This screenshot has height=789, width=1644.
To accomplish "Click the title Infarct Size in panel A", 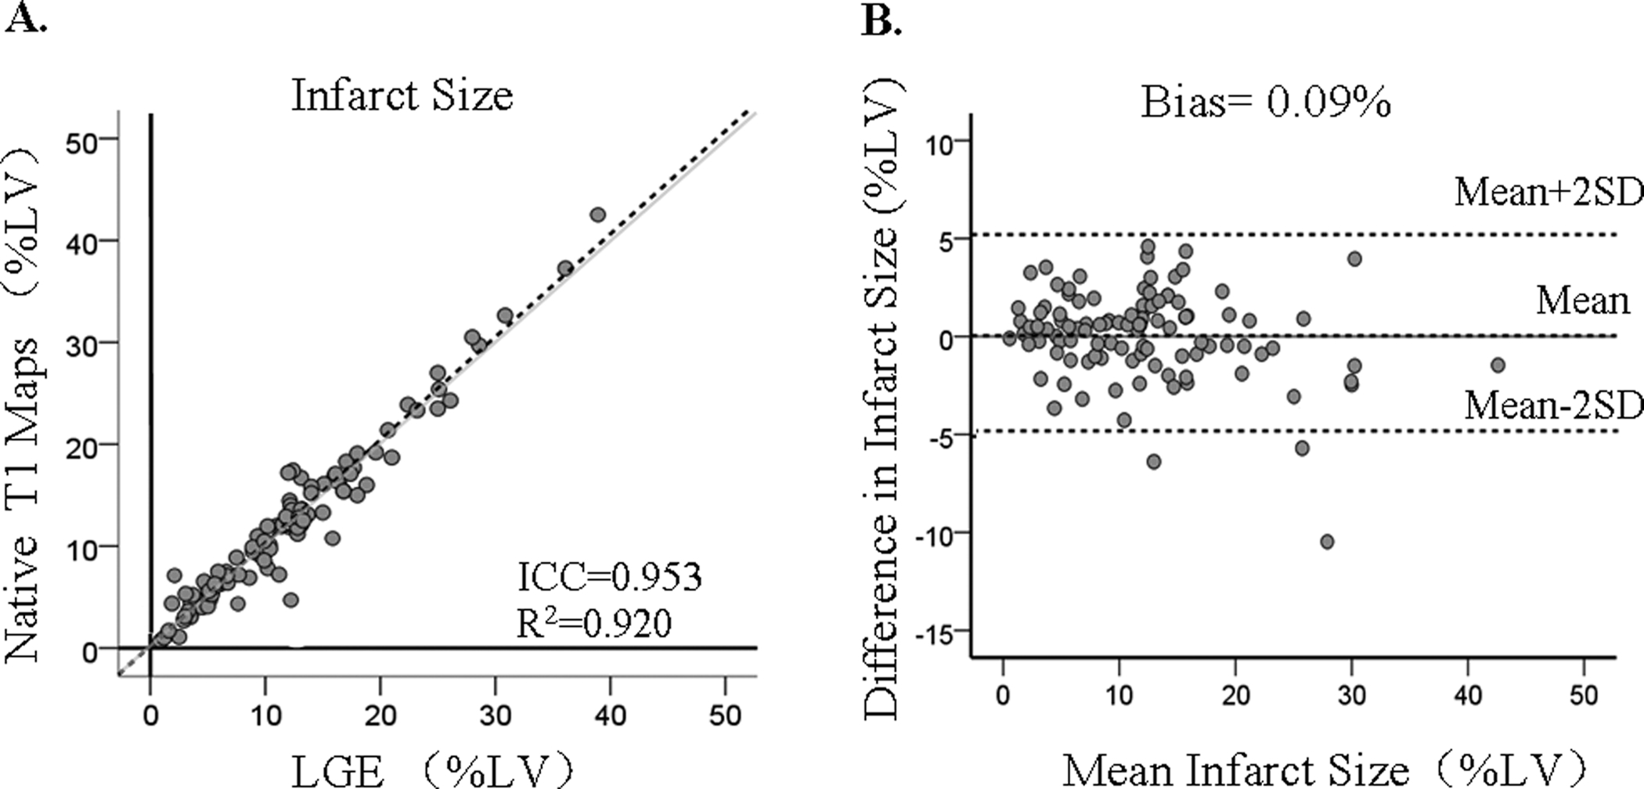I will tap(402, 95).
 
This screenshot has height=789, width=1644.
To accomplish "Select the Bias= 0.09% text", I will tap(1265, 102).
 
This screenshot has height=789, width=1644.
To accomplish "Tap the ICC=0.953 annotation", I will tap(609, 578).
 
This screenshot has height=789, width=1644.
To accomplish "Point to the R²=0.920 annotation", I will tap(593, 624).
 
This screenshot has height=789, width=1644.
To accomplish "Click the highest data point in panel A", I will tap(598, 214).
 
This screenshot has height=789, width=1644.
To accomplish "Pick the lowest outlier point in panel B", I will tap(1327, 542).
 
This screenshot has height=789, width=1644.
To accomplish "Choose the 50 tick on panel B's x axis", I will tap(1583, 694).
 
